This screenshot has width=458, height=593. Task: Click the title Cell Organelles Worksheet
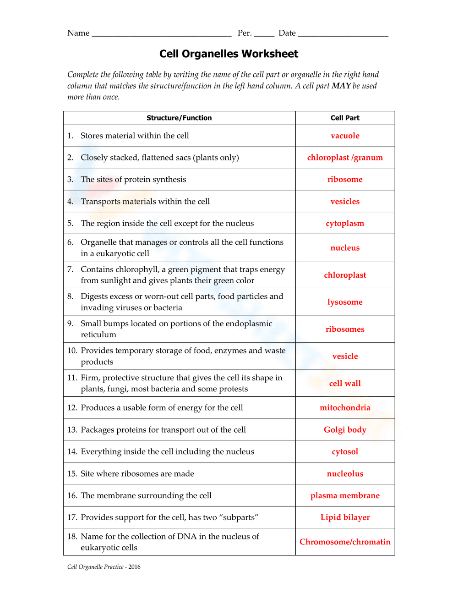click(229, 54)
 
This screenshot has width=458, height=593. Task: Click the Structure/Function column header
click(179, 118)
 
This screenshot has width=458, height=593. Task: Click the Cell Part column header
click(345, 118)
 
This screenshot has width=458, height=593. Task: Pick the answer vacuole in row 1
click(345, 136)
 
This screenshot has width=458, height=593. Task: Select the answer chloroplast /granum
click(345, 158)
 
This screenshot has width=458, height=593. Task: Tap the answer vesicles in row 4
click(345, 202)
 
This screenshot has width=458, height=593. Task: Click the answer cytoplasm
click(345, 224)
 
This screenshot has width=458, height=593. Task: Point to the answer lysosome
click(345, 302)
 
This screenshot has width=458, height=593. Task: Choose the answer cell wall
click(345, 383)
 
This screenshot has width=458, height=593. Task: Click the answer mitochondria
click(345, 408)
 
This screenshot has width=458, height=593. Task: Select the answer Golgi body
click(345, 430)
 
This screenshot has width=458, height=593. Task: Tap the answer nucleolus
click(345, 474)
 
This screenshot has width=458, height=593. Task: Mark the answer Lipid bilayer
click(345, 517)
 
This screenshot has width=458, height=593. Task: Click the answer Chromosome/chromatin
click(345, 542)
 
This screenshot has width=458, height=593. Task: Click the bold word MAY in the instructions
click(341, 86)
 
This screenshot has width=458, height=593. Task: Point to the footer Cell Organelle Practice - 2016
click(104, 567)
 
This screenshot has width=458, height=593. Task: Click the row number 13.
click(72, 430)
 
